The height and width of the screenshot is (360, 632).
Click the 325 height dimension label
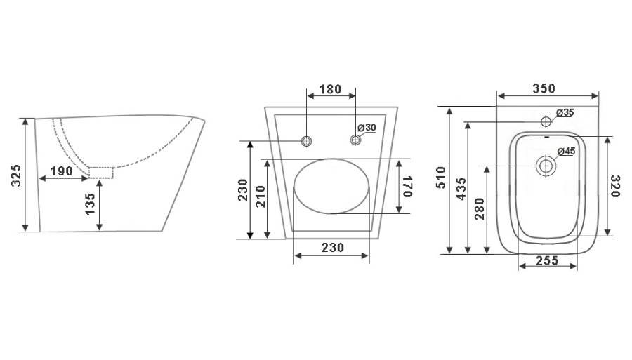[15, 175]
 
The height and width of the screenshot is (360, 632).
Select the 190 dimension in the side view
[61, 171]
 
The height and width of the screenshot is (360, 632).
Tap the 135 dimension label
[91, 204]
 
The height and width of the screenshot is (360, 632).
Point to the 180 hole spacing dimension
[331, 89]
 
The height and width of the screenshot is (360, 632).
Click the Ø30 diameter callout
[367, 128]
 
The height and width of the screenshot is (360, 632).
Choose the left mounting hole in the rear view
[306, 141]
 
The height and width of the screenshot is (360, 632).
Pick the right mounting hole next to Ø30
[355, 140]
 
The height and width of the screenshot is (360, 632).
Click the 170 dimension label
[407, 186]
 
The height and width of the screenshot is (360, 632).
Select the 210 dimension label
[261, 196]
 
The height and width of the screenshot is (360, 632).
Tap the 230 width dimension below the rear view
[333, 247]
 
